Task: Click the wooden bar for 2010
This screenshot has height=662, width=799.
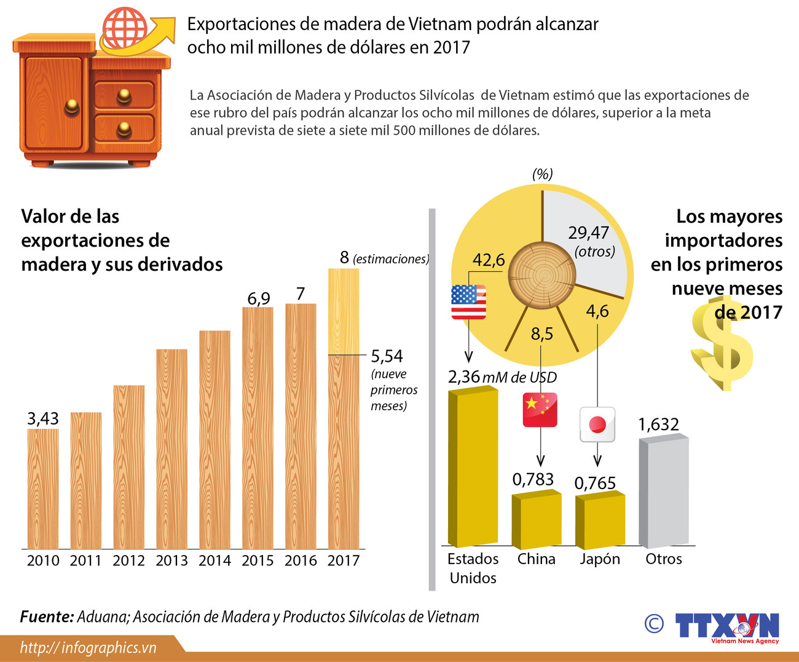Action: click(x=43, y=489)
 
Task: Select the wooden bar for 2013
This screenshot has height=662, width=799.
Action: click(x=172, y=449)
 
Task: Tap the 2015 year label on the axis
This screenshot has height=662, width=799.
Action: click(x=258, y=560)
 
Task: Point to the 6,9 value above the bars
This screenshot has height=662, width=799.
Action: click(x=259, y=298)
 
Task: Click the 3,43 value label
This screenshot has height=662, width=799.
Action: click(x=43, y=419)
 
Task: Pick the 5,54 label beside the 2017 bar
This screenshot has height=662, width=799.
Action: click(x=387, y=356)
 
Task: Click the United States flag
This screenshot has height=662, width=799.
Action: click(x=468, y=302)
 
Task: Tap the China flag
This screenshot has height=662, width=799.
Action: click(x=540, y=410)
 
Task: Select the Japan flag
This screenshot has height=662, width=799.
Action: click(x=597, y=425)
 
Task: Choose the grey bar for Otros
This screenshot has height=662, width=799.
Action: click(x=664, y=492)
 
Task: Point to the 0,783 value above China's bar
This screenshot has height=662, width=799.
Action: click(x=533, y=479)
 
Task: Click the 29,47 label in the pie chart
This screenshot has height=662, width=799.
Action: click(x=588, y=233)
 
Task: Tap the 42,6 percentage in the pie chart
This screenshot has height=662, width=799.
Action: click(x=488, y=260)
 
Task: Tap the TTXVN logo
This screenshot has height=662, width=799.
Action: click(x=728, y=627)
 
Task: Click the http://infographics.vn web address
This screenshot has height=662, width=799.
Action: click(x=88, y=647)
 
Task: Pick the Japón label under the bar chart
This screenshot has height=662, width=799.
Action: click(x=600, y=559)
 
